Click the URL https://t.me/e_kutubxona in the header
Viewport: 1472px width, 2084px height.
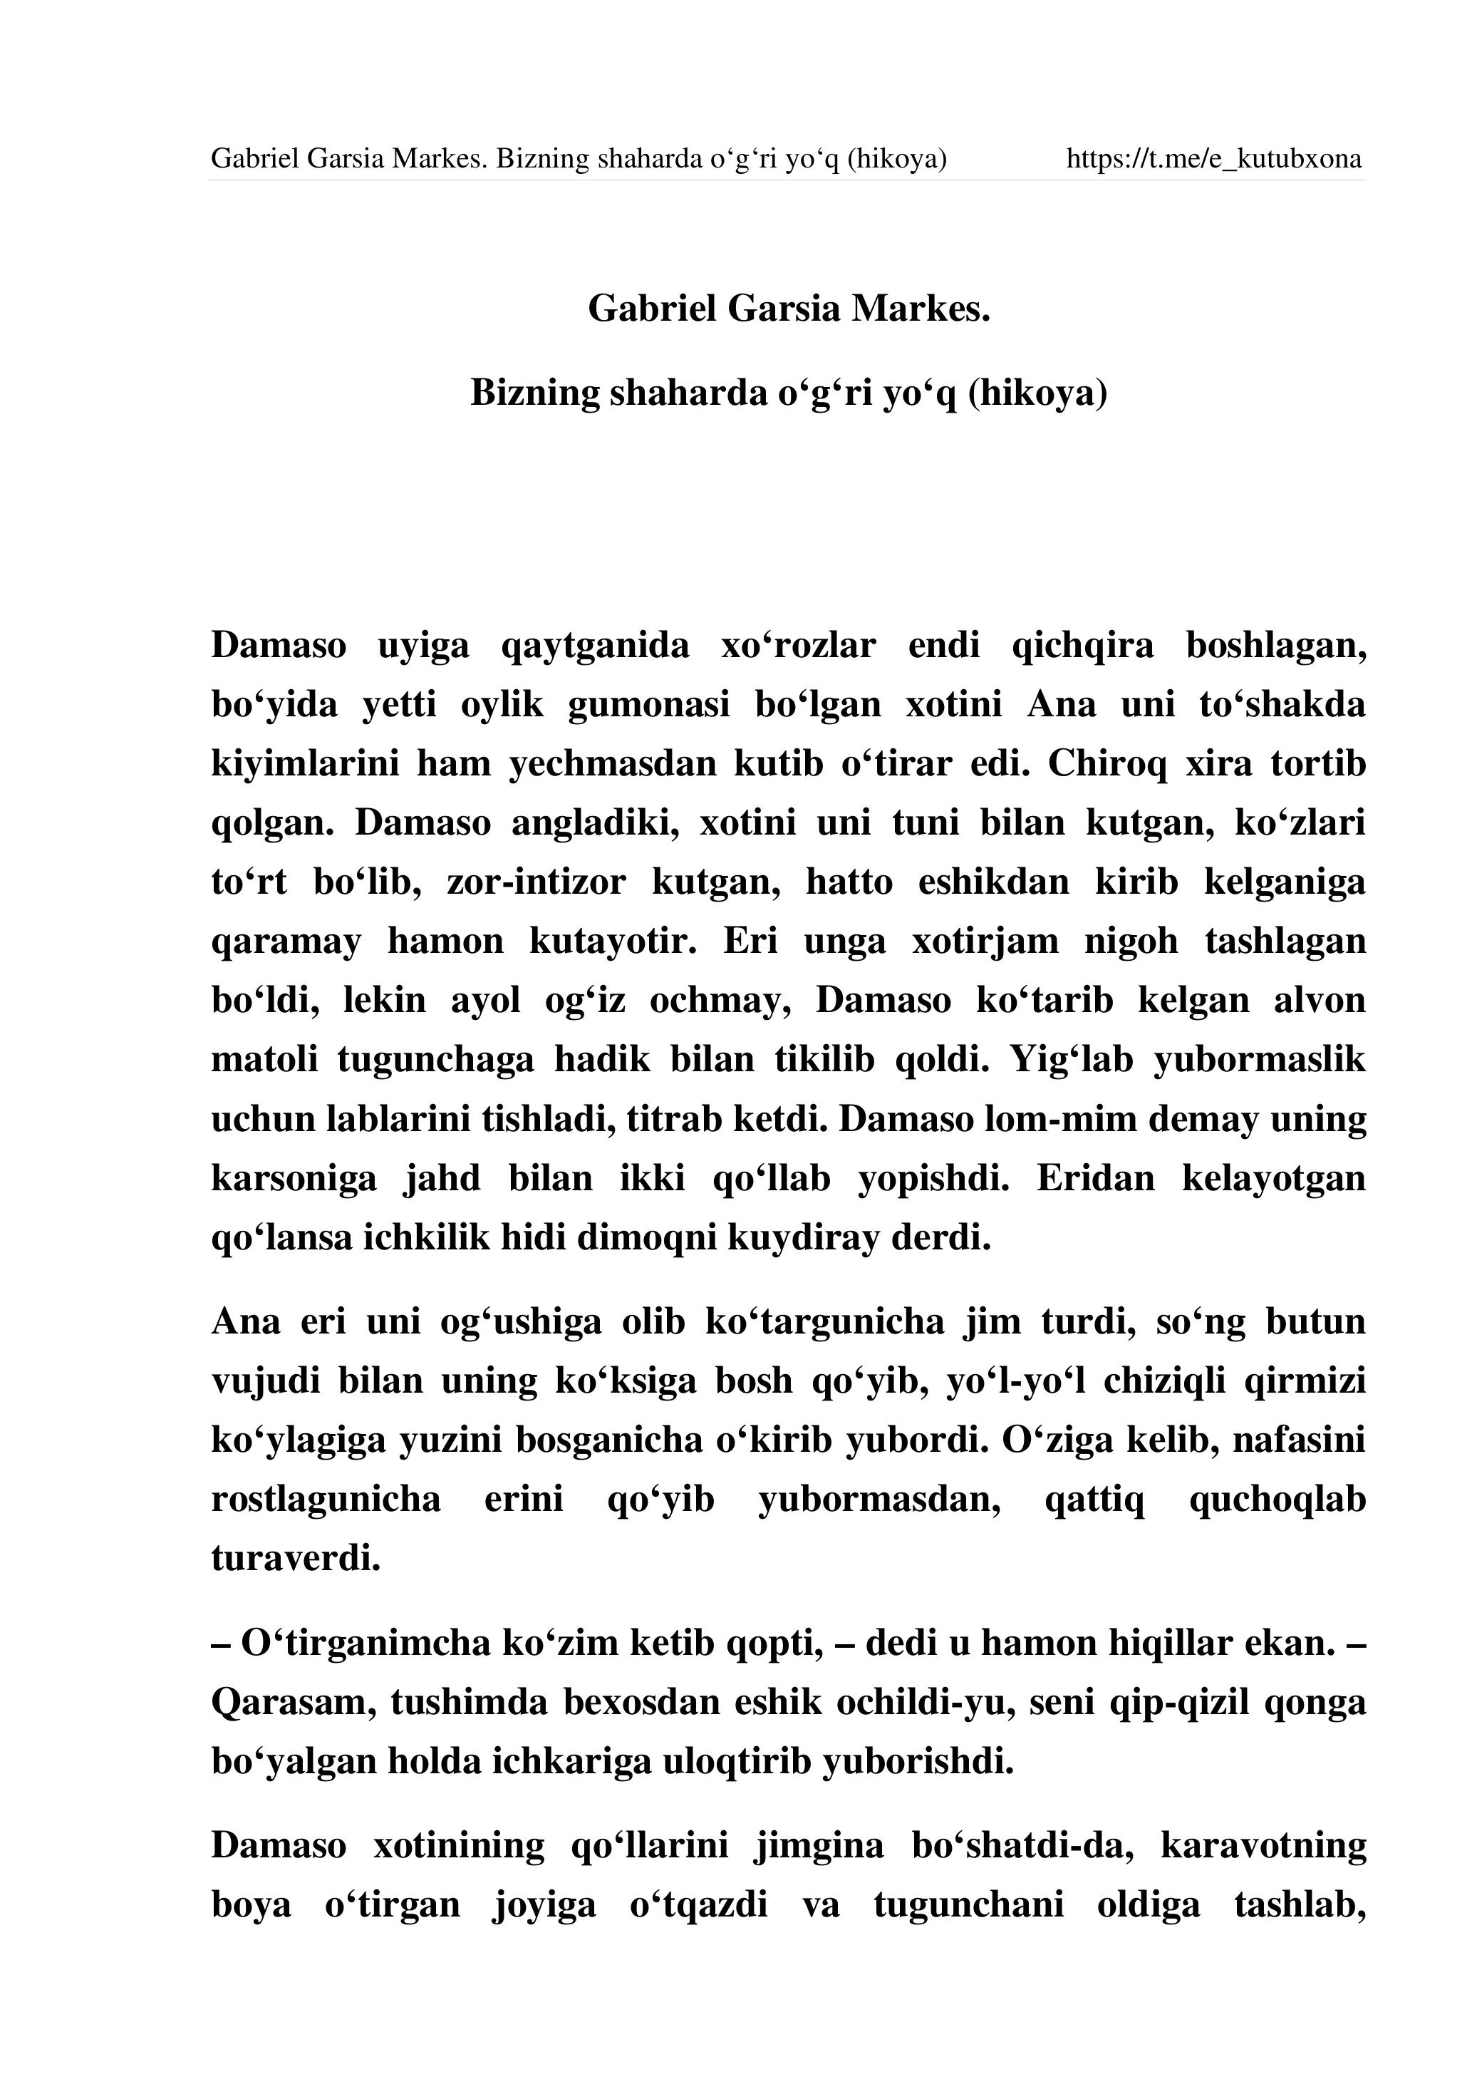pos(1213,160)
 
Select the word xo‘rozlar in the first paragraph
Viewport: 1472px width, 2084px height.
pos(798,645)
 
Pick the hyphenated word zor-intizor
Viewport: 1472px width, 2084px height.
pos(536,882)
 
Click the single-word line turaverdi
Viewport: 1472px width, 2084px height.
pos(296,1559)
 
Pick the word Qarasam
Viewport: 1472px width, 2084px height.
pos(294,1702)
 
